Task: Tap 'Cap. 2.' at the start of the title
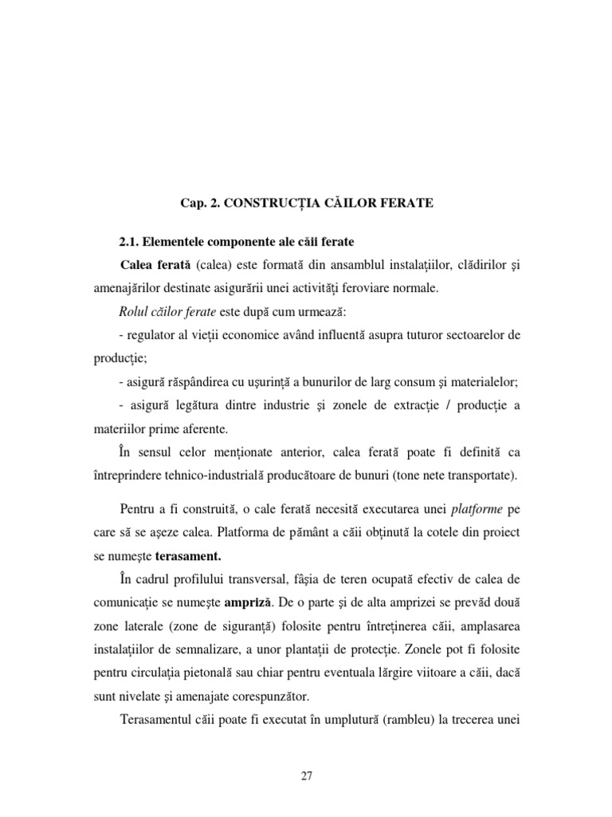point(201,203)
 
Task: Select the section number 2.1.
point(131,242)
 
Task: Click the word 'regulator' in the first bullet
point(152,335)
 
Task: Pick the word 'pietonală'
point(233,673)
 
